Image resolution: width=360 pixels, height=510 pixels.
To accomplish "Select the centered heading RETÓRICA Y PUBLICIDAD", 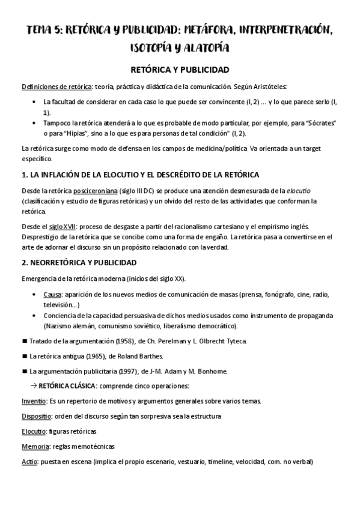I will (180, 70).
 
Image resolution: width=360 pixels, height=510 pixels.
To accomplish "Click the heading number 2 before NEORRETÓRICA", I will (23, 263).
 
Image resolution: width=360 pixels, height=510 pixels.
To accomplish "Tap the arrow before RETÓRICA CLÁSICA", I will (34, 386).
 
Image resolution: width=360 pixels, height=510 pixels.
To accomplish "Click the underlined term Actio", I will (29, 461).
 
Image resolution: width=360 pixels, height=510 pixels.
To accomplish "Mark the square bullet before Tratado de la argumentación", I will (24, 341).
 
